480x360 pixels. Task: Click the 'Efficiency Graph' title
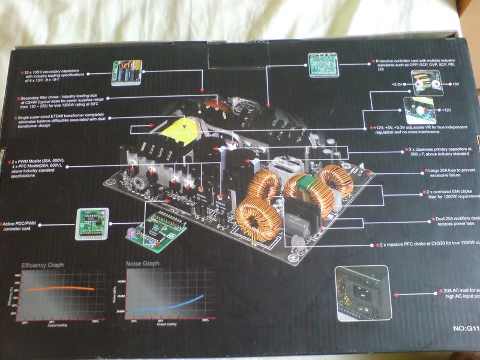43,265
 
